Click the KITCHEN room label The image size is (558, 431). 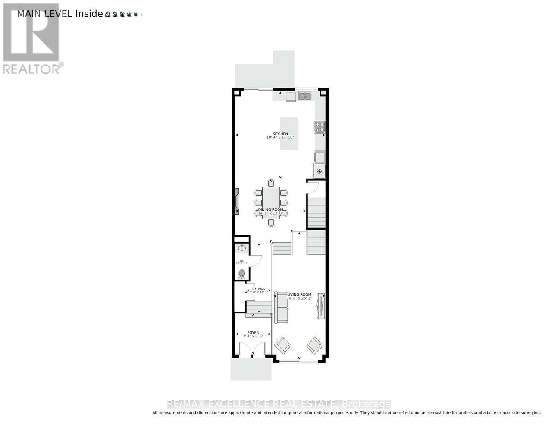coord(280,134)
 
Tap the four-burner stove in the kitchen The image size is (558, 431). coord(320,127)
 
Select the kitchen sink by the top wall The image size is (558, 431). coord(305,95)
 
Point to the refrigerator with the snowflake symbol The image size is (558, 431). coord(320,171)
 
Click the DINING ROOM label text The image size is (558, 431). coord(271,209)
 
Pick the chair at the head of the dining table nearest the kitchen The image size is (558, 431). coord(271,183)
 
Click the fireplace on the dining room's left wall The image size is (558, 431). coord(237,201)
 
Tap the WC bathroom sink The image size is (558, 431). coord(242,247)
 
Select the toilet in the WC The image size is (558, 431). coord(241,273)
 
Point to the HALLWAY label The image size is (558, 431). coord(259,289)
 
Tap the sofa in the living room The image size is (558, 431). coord(282,307)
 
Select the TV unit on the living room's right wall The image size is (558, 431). coord(321,306)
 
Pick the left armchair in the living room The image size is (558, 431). coord(283,345)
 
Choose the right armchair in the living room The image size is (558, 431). coord(315,345)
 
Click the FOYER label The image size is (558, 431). coord(253,333)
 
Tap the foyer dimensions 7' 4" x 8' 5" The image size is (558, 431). coord(253,337)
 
